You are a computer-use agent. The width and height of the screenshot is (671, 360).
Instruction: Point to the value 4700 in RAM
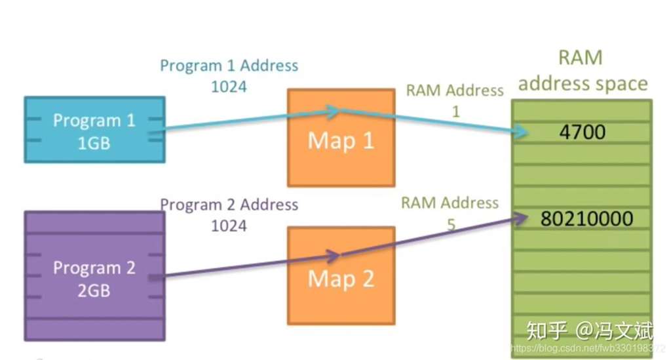point(583,132)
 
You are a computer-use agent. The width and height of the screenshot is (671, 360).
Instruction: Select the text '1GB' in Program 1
point(94,142)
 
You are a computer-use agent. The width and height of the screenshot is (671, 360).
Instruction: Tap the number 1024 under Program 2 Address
point(229,226)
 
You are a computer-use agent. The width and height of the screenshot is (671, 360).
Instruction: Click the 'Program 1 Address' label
point(229,66)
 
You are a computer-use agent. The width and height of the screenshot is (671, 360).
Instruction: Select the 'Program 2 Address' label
point(229,205)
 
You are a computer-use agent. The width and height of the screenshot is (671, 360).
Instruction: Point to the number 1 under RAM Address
point(455,111)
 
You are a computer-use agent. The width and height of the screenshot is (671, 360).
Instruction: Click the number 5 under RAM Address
point(451,225)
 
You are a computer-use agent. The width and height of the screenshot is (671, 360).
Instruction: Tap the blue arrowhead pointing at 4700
point(521,132)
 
